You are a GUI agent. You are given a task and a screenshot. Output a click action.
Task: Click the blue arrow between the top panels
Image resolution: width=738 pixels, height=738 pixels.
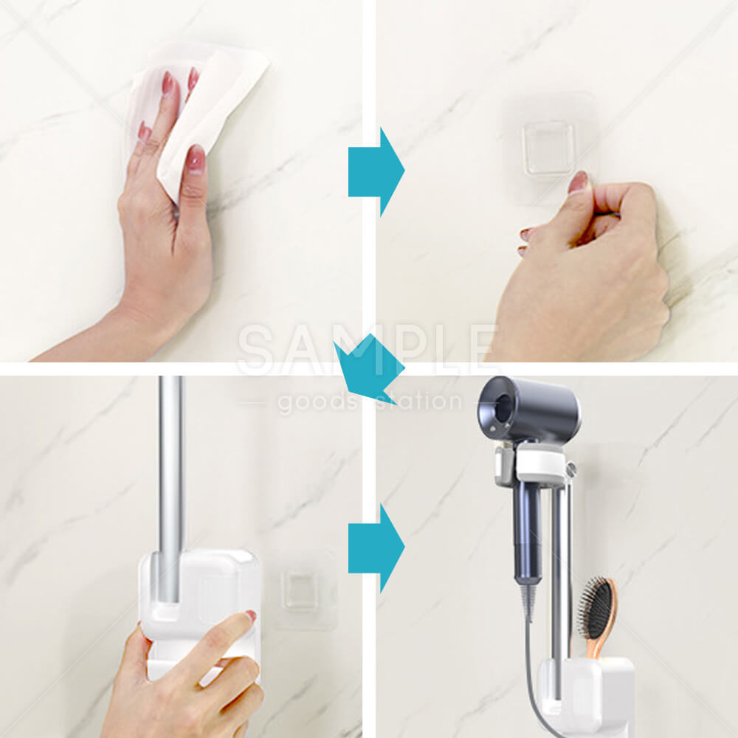376,172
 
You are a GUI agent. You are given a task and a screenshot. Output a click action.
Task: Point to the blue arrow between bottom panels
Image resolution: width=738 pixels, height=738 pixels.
376,548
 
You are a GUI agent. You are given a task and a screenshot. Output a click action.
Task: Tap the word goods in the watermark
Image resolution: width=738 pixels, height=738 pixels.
317,401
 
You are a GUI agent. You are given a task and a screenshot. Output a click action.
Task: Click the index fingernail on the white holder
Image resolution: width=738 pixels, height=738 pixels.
250,616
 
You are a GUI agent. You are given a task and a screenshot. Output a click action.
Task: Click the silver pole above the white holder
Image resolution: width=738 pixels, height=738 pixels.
170,489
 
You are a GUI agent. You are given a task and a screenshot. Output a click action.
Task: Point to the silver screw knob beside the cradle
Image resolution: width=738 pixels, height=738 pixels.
571,469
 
